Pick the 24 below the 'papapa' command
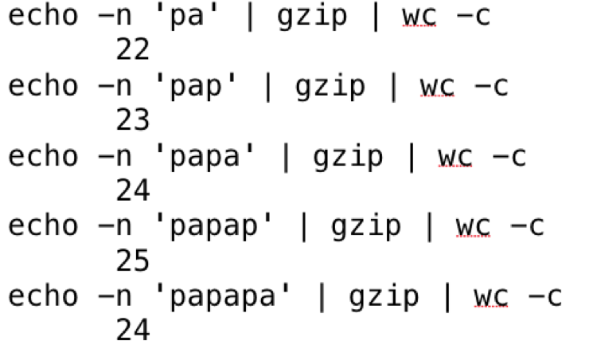pyautogui.click(x=132, y=331)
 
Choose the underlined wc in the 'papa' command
pyautogui.click(x=455, y=157)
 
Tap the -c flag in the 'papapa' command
pyautogui.click(x=544, y=297)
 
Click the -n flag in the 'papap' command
pyautogui.click(x=115, y=227)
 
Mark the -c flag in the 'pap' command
pyautogui.click(x=490, y=87)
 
